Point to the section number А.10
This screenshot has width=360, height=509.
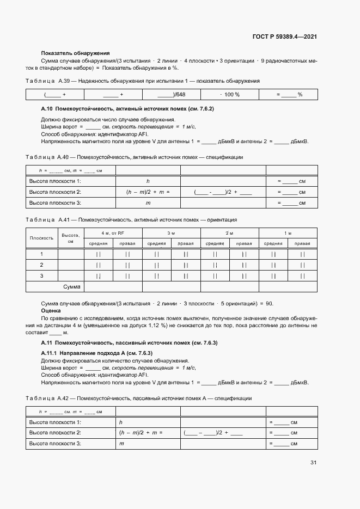46,109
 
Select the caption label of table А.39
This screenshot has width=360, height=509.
47,81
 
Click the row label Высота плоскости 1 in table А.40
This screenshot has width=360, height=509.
55,181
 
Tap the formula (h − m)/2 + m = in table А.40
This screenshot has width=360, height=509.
148,192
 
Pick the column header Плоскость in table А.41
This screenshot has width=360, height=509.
41,238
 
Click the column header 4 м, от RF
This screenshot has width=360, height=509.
113,233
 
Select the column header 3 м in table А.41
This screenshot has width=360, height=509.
171,233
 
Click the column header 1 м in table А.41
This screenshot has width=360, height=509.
288,233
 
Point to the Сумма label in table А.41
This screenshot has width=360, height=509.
72,286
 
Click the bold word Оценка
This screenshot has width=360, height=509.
51,310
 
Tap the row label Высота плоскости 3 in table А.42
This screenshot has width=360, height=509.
55,444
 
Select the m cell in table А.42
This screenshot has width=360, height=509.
121,444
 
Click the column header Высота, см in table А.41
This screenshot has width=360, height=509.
70,238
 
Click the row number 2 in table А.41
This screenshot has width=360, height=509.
41,265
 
